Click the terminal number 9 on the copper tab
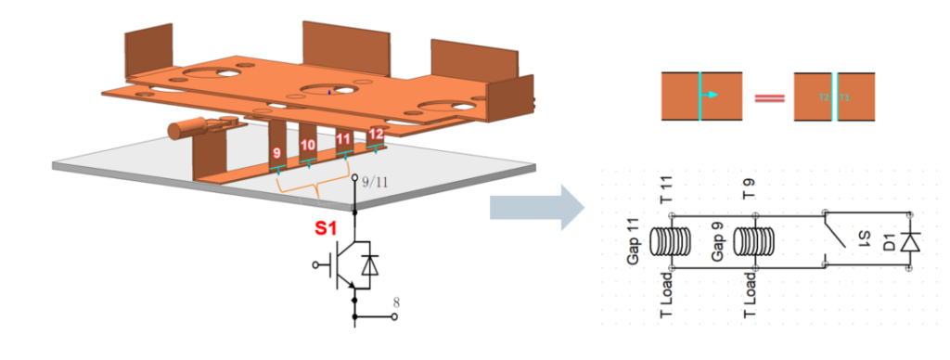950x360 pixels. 276,152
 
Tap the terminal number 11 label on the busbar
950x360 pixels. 343,140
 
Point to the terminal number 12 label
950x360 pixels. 375,135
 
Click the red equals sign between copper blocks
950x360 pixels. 766,96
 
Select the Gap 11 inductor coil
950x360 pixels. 671,242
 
